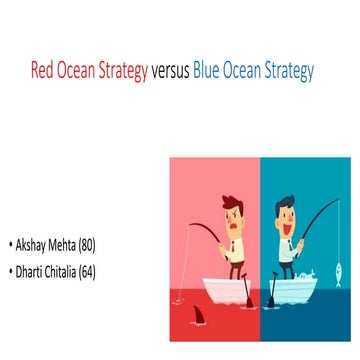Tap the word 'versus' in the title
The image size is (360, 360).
172,71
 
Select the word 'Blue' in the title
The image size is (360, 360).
210,71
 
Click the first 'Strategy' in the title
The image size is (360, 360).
121,71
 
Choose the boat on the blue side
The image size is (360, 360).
295,288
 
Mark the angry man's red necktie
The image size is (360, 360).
233,246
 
